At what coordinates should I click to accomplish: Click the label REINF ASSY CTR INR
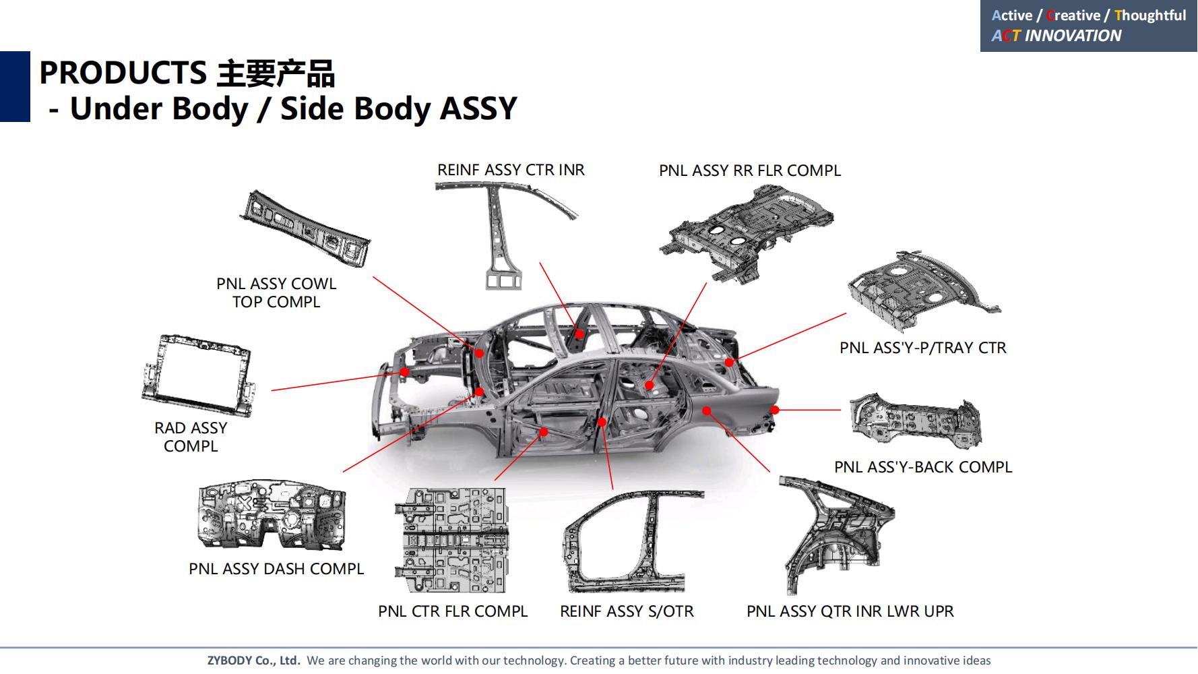(x=511, y=170)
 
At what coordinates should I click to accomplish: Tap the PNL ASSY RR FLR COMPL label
(x=749, y=171)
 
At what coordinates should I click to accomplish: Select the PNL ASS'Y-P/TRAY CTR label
(x=922, y=348)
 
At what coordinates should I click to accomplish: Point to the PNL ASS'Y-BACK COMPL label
(x=922, y=467)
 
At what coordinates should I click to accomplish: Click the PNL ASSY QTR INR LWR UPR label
(x=850, y=611)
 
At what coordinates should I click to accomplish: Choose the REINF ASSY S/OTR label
(x=627, y=611)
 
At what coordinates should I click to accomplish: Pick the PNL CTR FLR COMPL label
(x=453, y=611)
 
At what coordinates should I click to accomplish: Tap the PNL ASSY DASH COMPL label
(x=276, y=569)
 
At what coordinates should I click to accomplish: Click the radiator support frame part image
(x=197, y=375)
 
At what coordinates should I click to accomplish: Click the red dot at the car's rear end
(x=775, y=410)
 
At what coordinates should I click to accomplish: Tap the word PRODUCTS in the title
(x=123, y=73)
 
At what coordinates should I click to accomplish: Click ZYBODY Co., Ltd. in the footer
(x=253, y=661)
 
